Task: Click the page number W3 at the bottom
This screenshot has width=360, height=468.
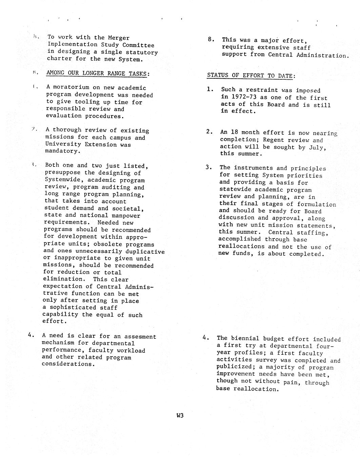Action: (x=180, y=415)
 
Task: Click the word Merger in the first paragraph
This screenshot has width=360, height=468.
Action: (x=119, y=38)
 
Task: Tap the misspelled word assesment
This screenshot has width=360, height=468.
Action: (x=140, y=336)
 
